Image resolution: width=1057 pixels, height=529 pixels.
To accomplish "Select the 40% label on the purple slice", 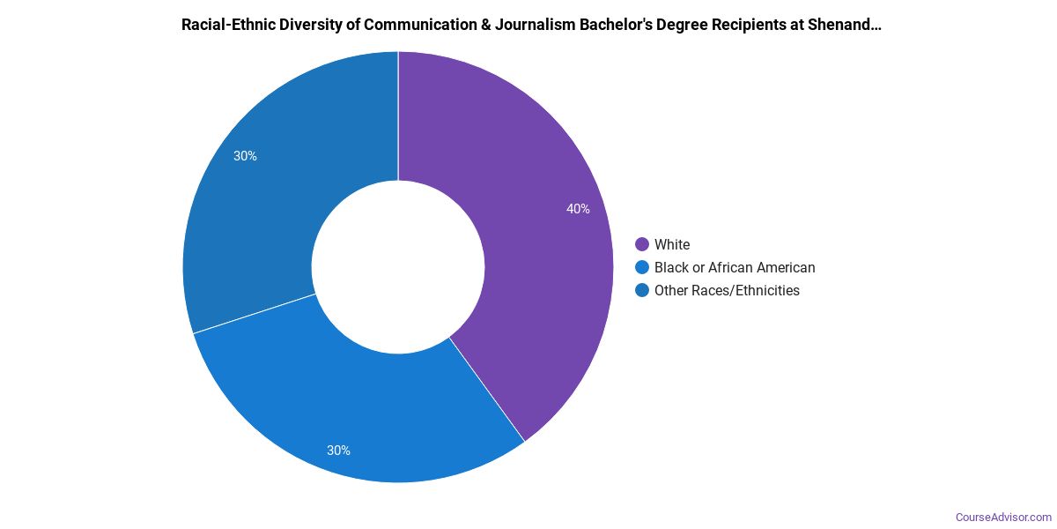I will point(578,209).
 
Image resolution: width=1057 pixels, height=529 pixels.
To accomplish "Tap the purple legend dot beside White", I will point(641,244).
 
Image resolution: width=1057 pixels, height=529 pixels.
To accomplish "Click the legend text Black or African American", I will point(735,267).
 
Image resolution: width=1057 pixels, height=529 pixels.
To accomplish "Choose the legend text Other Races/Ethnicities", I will point(727,290).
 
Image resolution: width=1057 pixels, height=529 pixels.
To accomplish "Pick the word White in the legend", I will point(672,244).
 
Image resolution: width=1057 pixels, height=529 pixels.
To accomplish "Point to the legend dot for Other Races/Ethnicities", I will point(641,290).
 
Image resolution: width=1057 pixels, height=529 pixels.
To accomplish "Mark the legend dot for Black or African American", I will point(641,267).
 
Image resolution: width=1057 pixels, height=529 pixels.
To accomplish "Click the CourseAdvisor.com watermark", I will point(1003,518).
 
